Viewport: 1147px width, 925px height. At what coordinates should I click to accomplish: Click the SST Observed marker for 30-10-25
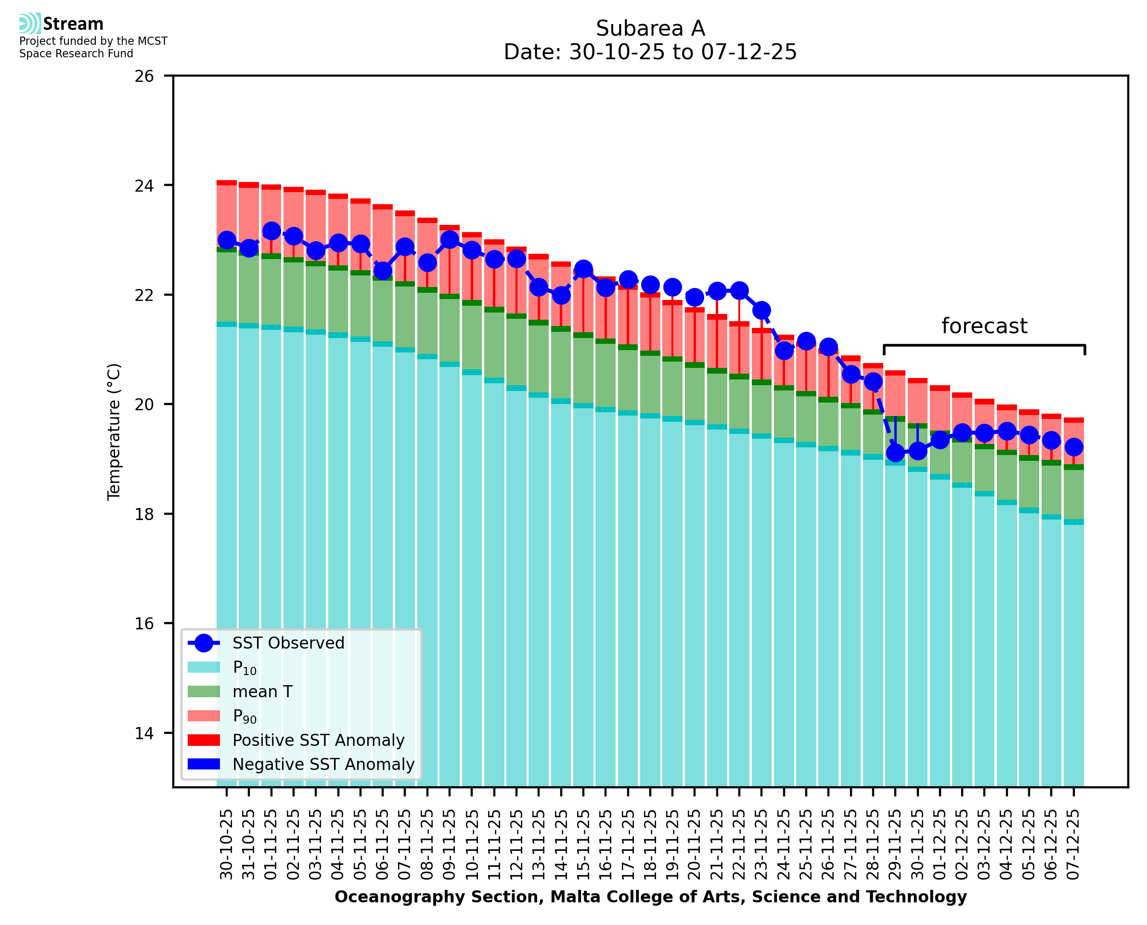point(227,241)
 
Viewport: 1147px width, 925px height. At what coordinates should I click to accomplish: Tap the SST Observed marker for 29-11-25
point(895,454)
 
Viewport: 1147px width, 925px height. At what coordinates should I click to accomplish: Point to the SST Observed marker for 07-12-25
point(1073,447)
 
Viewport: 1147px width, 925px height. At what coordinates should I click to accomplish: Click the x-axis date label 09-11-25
point(450,845)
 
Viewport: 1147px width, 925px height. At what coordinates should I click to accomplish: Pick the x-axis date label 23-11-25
point(761,845)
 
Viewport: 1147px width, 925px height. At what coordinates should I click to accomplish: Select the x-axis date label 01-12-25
point(940,845)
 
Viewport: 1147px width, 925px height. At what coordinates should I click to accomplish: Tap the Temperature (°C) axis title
point(114,431)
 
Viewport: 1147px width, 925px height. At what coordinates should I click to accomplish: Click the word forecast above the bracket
point(984,326)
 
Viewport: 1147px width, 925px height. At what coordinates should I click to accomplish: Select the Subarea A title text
point(650,28)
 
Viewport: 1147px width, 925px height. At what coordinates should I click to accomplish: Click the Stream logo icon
point(30,24)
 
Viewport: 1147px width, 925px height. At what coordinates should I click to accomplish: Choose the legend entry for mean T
point(262,691)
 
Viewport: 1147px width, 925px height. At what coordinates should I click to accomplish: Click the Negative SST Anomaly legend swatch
point(204,764)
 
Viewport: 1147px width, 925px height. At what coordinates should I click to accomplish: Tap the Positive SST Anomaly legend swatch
point(204,740)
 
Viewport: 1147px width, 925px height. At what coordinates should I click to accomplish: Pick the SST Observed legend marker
point(204,643)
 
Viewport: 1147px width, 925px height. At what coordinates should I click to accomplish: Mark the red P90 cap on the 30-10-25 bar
point(227,183)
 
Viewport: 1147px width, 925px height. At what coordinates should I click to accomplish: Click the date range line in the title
point(650,52)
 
